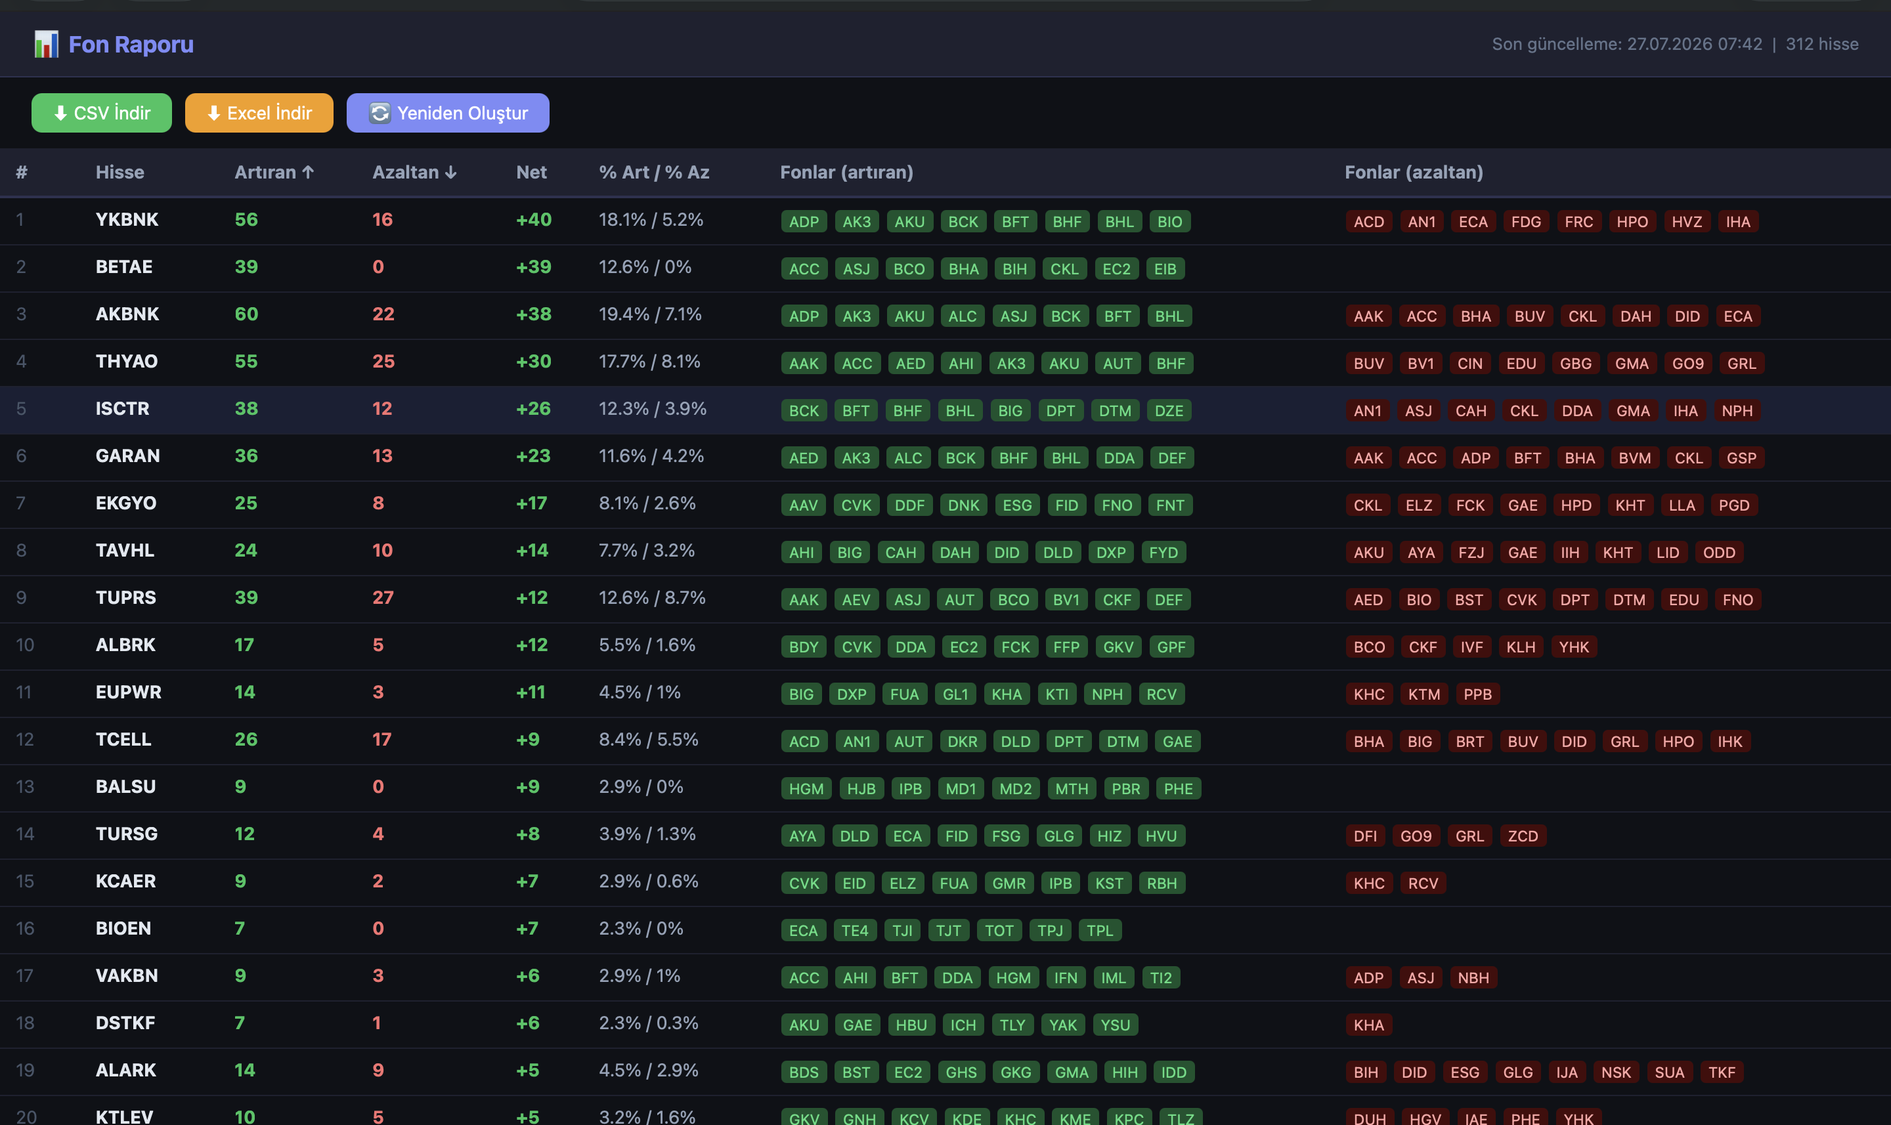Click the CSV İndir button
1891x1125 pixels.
pos(102,113)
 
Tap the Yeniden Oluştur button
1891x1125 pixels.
pos(447,113)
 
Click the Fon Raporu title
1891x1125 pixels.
pos(131,45)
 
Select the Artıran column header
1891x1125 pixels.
pos(274,172)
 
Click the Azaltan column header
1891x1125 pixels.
pos(414,172)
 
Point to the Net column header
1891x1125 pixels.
pos(531,172)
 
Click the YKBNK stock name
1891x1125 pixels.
pos(127,220)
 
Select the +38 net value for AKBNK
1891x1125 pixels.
pos(534,314)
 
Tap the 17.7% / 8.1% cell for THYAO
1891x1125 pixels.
pos(650,362)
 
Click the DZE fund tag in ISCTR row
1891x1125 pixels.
pos(1169,411)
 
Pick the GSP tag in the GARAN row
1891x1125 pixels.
pos(1742,458)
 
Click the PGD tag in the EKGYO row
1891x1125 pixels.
pos(1734,505)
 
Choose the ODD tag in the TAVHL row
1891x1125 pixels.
pos(1719,553)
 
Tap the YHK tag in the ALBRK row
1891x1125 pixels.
pos(1574,647)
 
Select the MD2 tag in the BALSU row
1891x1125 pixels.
pos(1015,788)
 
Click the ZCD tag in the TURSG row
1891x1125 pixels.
pos(1523,836)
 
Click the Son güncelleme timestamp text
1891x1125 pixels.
pos(1627,44)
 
